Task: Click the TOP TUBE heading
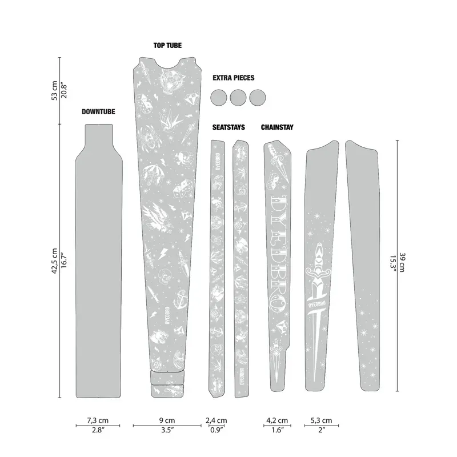(x=167, y=45)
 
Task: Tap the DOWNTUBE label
(x=98, y=112)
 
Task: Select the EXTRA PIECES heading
(x=233, y=78)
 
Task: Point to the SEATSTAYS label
(x=228, y=127)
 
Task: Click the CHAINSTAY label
(x=277, y=127)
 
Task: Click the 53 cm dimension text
(x=54, y=90)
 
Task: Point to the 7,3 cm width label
(x=98, y=420)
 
